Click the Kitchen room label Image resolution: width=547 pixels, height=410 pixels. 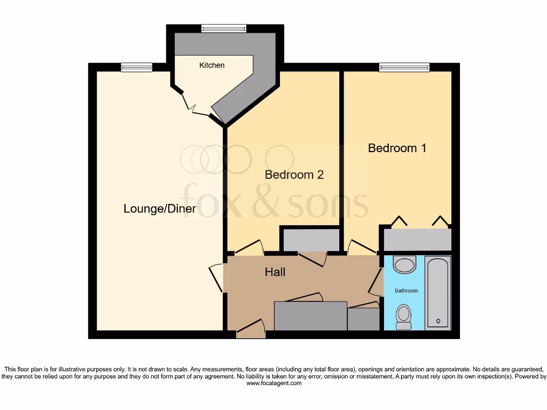(x=212, y=65)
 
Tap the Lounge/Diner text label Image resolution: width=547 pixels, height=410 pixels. (x=159, y=209)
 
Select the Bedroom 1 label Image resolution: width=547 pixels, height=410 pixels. (x=397, y=148)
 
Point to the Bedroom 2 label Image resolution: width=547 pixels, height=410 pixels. (x=294, y=175)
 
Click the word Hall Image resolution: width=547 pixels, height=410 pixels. (x=275, y=272)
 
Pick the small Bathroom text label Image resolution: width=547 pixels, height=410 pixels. (x=406, y=290)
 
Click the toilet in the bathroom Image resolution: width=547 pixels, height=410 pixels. (x=404, y=316)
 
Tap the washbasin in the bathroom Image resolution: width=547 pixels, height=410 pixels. (x=404, y=264)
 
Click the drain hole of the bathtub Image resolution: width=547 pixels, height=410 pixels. (x=438, y=321)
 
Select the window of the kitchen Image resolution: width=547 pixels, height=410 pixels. (x=224, y=29)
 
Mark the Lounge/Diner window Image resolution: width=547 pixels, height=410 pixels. (x=136, y=67)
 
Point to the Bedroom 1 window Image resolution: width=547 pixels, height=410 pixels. (x=404, y=67)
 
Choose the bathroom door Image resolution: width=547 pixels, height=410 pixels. (x=377, y=283)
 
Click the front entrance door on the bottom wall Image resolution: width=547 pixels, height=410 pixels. (x=251, y=328)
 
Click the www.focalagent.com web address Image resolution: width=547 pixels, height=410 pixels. (x=273, y=383)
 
